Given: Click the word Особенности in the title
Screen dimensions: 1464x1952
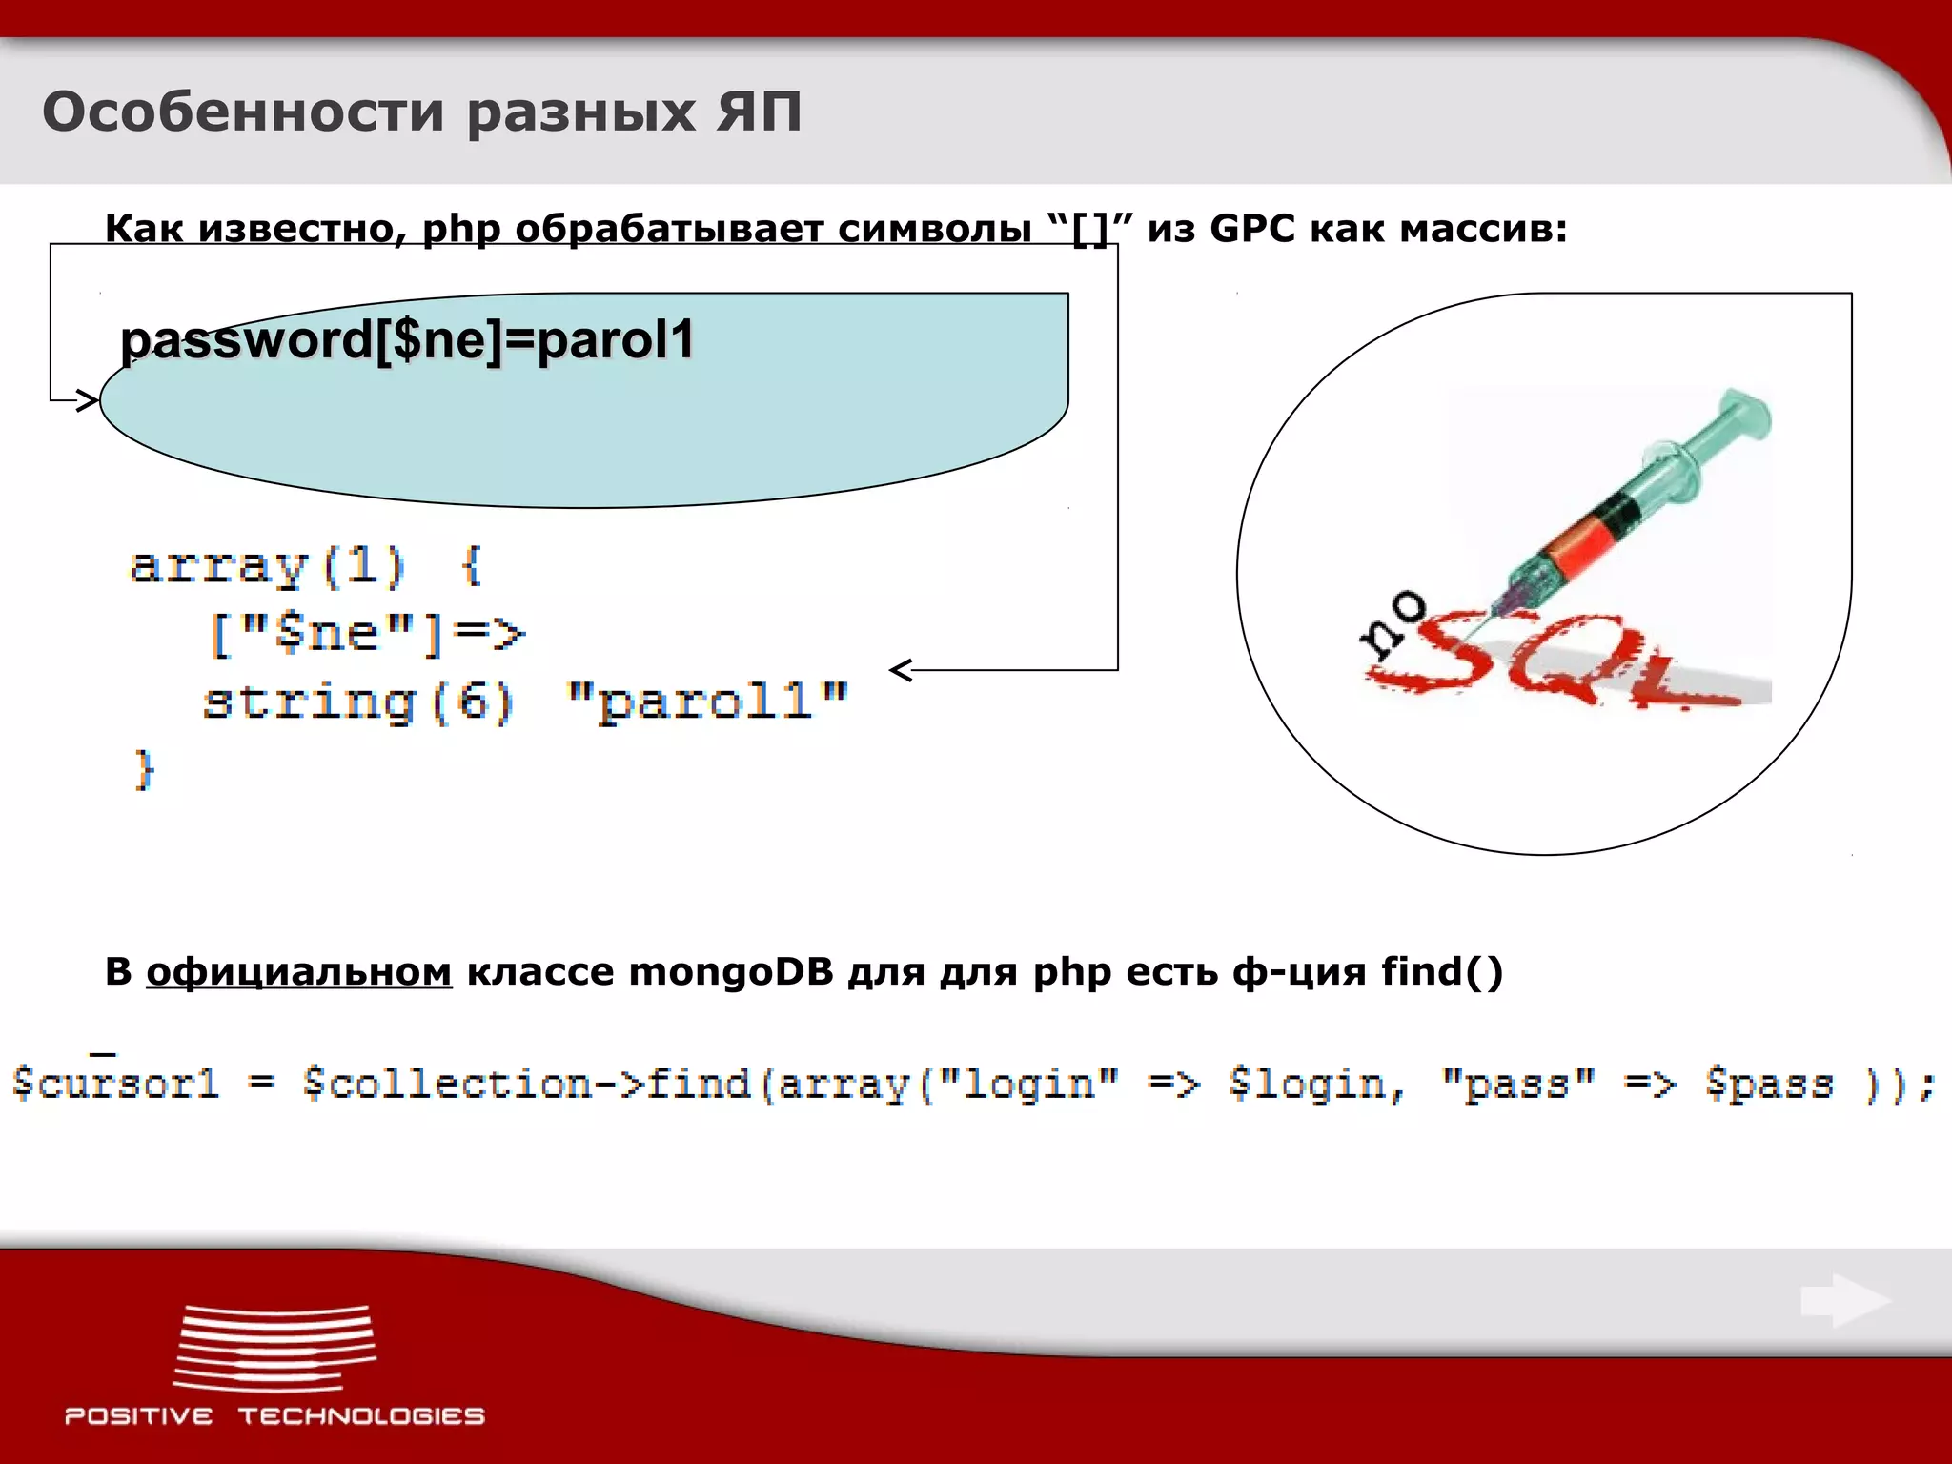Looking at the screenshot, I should tap(243, 112).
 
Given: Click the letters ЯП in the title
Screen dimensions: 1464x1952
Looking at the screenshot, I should tap(759, 112).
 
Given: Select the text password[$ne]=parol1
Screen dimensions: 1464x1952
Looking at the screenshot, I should tap(408, 340).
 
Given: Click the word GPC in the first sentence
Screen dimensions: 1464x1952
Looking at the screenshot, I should tap(1251, 229).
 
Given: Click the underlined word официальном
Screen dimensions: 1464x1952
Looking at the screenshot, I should tap(298, 972).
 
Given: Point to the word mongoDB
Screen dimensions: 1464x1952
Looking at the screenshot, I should tap(730, 972).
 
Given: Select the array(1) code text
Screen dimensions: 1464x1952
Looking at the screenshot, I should tap(268, 567).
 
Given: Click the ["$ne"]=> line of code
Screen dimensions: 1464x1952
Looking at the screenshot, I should tap(366, 634).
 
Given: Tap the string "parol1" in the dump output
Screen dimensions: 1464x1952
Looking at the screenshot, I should tap(706, 702).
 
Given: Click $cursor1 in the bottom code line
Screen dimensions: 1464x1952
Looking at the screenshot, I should tap(114, 1085).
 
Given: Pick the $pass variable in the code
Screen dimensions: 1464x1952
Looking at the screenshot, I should tap(1768, 1085).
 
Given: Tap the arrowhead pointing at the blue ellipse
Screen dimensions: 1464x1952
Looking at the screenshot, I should tap(88, 400).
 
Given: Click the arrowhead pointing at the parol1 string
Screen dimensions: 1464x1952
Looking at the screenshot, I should tap(901, 670).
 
